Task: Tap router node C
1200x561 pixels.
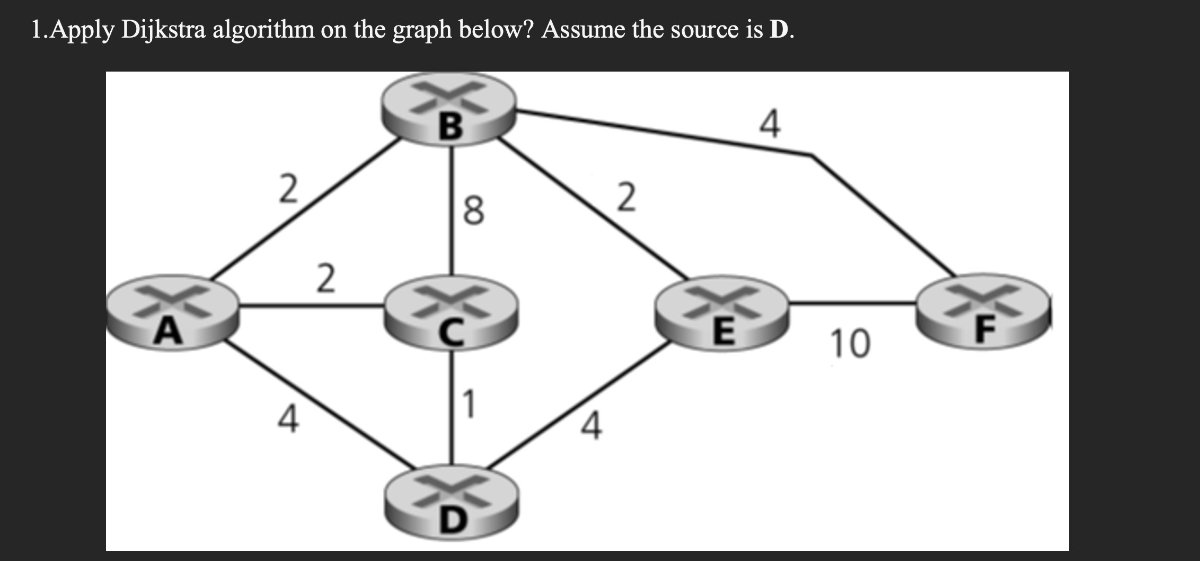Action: [451, 313]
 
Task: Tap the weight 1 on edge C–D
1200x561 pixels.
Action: [470, 404]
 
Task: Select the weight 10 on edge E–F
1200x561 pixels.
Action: [850, 344]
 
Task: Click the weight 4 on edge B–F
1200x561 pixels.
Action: [770, 125]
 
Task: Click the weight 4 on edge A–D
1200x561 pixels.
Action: [288, 419]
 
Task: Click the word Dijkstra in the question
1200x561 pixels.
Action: [163, 30]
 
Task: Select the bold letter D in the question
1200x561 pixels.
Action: [778, 30]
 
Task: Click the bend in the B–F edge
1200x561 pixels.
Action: [811, 155]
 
